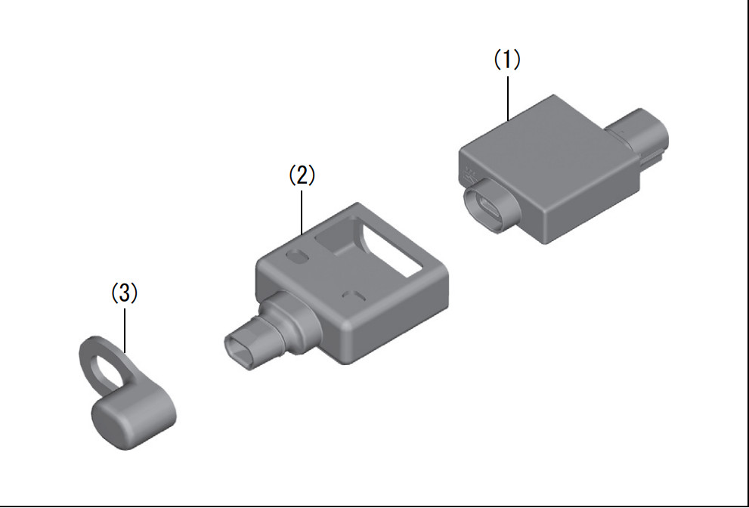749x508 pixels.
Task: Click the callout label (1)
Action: (507, 60)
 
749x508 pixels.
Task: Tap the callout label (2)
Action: (302, 175)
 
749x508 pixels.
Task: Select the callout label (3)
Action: (124, 293)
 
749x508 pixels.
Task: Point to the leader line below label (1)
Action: (508, 98)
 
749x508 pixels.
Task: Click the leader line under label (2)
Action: (302, 212)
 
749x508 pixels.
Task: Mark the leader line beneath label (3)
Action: (125, 330)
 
